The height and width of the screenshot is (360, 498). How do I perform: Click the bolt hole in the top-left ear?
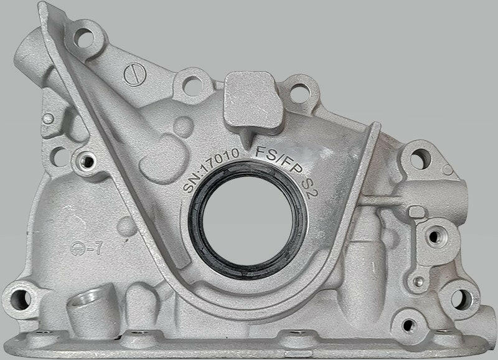(83, 34)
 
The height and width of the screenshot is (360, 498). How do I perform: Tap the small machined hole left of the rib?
(87, 162)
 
